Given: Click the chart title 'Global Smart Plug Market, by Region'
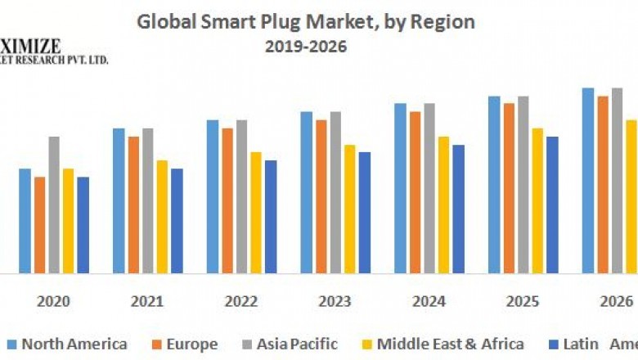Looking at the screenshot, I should [x=305, y=21].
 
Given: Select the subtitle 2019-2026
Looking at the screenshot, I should [x=305, y=47].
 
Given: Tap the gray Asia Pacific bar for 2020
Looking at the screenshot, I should [x=54, y=205].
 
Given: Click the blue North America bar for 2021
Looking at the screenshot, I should [x=119, y=200].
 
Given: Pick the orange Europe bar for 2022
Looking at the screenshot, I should [x=227, y=200].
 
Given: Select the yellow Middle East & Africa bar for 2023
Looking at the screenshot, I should [x=350, y=209].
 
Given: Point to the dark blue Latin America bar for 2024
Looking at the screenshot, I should [x=458, y=209].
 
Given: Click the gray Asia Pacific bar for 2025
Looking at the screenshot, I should [x=523, y=184].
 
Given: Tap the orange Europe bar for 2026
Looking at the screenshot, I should [x=603, y=184].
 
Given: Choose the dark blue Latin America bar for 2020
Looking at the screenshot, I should [x=83, y=225].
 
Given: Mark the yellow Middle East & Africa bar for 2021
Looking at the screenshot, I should [x=162, y=217].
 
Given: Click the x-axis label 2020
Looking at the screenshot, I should [x=53, y=301].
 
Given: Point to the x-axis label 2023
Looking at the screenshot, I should [x=335, y=301].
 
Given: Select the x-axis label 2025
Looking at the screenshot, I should [x=523, y=301].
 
